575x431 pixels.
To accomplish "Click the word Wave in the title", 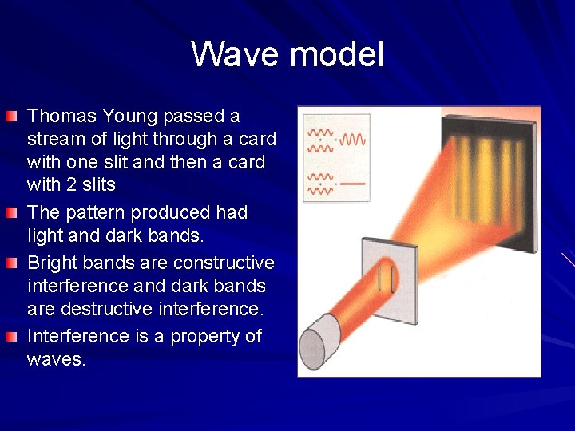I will [x=236, y=55].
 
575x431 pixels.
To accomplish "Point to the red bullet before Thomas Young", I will [x=10, y=117].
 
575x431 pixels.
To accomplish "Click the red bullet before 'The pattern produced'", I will [x=10, y=214].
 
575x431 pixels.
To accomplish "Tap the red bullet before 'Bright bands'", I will [x=10, y=263].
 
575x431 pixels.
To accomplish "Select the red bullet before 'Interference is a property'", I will [x=10, y=337].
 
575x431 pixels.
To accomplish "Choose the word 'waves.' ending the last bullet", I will [x=56, y=359].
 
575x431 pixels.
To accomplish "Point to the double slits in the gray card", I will [x=386, y=277].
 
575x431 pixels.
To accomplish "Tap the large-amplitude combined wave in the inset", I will [x=353, y=140].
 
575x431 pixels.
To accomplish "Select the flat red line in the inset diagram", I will [x=352, y=183].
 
